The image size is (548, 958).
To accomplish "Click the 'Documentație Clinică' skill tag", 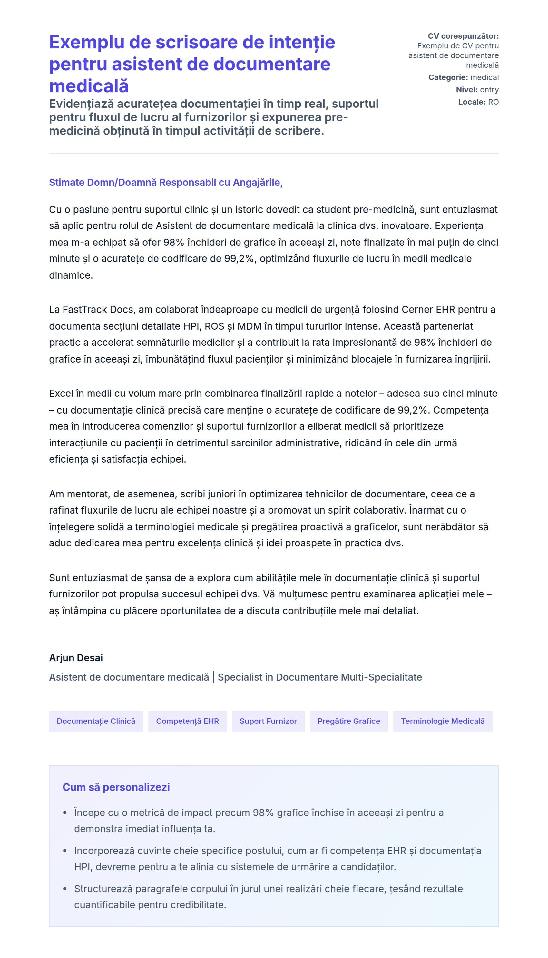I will pyautogui.click(x=96, y=721).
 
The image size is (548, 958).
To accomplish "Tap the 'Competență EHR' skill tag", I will pyautogui.click(x=187, y=721).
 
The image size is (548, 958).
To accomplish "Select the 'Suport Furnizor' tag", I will pyautogui.click(x=268, y=721).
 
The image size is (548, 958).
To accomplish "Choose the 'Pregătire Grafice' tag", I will pyautogui.click(x=348, y=721).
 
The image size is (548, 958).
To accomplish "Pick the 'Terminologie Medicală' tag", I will pyautogui.click(x=442, y=721).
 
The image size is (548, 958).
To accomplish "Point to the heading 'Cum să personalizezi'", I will pyautogui.click(x=116, y=787).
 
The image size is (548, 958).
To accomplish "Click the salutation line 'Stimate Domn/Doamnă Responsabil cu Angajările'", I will pyautogui.click(x=166, y=182).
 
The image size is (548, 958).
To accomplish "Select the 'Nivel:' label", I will pyautogui.click(x=467, y=90).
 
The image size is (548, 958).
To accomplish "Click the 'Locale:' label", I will pyautogui.click(x=472, y=102).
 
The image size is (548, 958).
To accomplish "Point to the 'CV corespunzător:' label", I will pyautogui.click(x=463, y=36).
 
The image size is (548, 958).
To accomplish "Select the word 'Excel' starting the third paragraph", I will pyautogui.click(x=61, y=393).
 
